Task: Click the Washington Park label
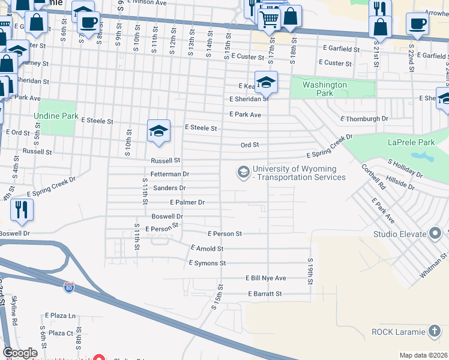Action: pos(325,89)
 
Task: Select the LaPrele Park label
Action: pos(411,142)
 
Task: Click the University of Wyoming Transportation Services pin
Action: pos(243,173)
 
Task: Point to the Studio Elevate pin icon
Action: pos(436,233)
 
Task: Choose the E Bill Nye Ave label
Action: pos(265,278)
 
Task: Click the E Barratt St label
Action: pos(265,294)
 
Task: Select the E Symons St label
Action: pos(206,263)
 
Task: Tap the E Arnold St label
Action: pos(206,248)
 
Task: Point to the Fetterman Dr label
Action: pos(170,174)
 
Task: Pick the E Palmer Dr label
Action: pos(187,203)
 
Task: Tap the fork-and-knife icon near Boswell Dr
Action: pos(22,209)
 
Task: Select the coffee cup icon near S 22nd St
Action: pos(417,24)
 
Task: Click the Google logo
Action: pos(20,353)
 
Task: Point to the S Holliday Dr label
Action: pos(405,169)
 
